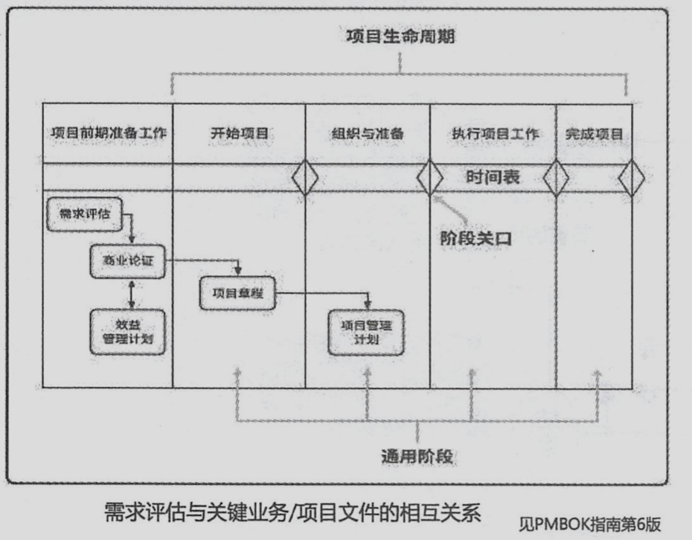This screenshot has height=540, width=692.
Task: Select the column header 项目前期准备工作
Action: [107, 135]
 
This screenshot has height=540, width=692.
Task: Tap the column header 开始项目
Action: [238, 135]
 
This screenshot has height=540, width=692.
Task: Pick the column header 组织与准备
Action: [367, 135]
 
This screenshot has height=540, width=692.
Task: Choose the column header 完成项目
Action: [594, 135]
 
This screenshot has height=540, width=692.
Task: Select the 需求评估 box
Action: [85, 213]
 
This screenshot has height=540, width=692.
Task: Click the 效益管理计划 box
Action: [126, 331]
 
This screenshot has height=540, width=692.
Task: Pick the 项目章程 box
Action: [237, 293]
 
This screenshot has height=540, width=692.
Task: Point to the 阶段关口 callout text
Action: [476, 239]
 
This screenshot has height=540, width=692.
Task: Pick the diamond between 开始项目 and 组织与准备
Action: [305, 179]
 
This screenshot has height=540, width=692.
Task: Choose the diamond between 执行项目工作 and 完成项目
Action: [556, 179]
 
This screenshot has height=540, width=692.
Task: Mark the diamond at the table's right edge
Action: [631, 179]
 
